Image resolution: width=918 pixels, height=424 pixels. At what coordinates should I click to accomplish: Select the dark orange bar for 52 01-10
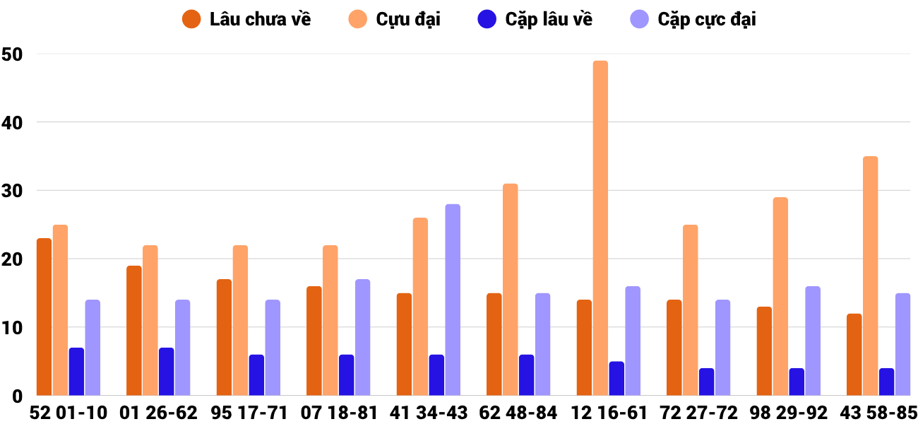click(x=44, y=317)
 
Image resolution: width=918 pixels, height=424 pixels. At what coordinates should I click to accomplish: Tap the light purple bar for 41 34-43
click(x=453, y=300)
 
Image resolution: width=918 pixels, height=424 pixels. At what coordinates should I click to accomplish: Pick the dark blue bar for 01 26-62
click(x=166, y=372)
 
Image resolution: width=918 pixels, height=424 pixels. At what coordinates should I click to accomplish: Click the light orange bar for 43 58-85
click(x=870, y=276)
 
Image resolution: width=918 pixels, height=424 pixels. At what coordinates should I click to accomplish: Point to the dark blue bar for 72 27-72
click(x=706, y=382)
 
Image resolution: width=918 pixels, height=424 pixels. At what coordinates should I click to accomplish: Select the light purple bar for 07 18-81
click(x=362, y=338)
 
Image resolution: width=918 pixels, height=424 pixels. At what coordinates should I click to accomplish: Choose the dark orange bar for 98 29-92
click(x=764, y=351)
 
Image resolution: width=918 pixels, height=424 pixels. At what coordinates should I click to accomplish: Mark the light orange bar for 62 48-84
click(x=510, y=290)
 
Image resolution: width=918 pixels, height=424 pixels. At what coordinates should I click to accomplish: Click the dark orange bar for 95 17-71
click(x=224, y=338)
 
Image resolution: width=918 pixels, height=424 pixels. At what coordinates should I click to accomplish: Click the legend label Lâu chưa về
click(x=260, y=19)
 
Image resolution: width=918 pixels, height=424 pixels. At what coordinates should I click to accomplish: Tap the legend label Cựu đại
click(x=408, y=19)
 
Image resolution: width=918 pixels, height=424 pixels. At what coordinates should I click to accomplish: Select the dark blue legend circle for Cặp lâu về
click(x=487, y=19)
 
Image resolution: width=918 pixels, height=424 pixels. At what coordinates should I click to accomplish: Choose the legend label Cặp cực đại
click(x=707, y=19)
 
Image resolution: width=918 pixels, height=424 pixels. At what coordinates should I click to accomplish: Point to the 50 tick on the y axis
click(x=13, y=54)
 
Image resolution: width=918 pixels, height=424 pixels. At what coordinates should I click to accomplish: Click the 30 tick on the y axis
click(x=13, y=191)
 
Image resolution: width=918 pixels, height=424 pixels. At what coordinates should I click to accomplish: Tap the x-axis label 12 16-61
click(x=609, y=413)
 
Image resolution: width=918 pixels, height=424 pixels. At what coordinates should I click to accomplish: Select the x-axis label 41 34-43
click(x=429, y=413)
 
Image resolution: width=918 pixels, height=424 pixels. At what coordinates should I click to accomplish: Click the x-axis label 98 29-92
click(x=789, y=413)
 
